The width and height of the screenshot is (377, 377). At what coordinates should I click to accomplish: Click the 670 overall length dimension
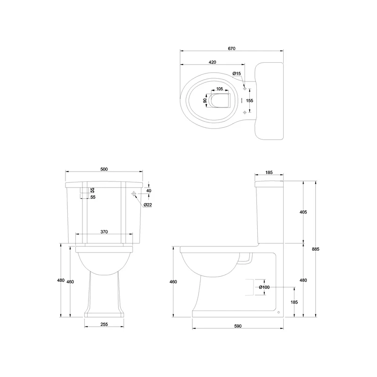point(231,49)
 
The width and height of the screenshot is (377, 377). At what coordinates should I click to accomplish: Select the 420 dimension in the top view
point(212,62)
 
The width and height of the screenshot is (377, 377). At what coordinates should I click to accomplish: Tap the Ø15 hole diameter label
point(237,74)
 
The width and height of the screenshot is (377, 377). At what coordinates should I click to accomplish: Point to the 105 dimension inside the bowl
point(219,89)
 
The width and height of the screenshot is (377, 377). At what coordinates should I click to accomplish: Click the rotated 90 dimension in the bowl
point(205,100)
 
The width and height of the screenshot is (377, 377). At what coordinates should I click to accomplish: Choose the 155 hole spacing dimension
point(250,100)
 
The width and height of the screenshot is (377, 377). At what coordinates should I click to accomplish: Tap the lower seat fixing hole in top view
point(244,112)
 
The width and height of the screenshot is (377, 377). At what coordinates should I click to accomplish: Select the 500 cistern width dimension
point(104,170)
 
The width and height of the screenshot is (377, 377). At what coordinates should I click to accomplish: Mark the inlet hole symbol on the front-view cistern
point(134,194)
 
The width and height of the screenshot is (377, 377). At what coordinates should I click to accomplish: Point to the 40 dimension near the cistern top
point(149,190)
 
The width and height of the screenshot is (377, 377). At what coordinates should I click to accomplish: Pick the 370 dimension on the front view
point(104,232)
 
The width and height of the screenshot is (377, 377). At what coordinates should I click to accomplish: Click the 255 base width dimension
point(104,324)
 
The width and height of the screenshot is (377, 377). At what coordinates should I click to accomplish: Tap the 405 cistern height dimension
point(303,213)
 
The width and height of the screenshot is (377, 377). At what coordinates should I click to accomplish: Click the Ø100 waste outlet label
point(264,287)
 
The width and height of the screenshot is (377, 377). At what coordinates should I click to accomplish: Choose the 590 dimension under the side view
point(238,326)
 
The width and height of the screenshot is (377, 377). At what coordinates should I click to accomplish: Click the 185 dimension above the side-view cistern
point(269,173)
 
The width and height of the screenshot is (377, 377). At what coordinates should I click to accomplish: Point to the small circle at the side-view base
point(279,311)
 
